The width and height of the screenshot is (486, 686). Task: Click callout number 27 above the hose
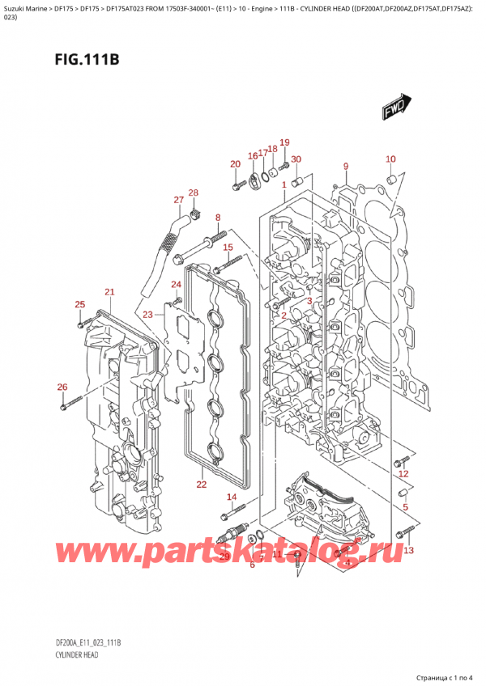click(178, 200)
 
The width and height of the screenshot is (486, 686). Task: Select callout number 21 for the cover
click(109, 292)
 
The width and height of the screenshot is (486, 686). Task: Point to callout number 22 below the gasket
click(201, 485)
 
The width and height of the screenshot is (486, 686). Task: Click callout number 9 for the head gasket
click(345, 167)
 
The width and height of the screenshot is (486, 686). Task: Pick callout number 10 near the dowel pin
click(390, 159)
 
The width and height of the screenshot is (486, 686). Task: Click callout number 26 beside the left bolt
click(62, 387)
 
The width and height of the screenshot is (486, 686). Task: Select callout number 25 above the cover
click(79, 304)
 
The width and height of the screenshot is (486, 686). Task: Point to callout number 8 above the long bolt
click(217, 218)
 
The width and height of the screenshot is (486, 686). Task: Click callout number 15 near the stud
click(228, 247)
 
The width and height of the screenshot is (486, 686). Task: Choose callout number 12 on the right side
click(403, 474)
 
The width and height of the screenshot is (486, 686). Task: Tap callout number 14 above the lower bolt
click(232, 497)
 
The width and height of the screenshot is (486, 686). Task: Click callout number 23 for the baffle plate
click(147, 315)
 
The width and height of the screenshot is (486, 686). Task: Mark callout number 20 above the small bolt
click(235, 165)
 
